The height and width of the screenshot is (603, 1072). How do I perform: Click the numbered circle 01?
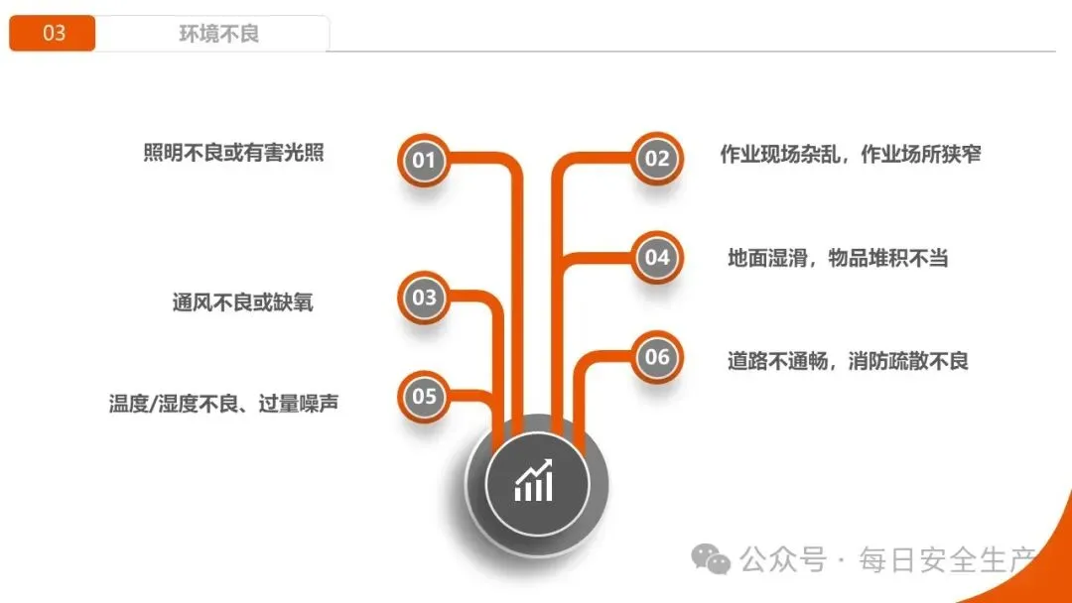pos(424,160)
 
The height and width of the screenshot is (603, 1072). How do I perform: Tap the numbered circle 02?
pos(657,159)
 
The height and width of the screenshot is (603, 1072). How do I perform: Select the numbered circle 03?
pos(424,298)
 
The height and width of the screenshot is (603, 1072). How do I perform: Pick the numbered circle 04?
pos(657,258)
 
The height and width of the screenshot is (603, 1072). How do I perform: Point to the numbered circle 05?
pos(424,397)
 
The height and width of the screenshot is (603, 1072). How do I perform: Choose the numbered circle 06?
pos(657,357)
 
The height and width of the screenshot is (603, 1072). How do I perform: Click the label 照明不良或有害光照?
pos(233,154)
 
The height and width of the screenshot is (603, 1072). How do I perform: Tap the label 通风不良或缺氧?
pos(242,302)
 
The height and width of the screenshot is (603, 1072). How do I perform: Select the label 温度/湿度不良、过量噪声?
pos(223,404)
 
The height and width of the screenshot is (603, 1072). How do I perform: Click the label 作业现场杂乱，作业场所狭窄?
pos(851,155)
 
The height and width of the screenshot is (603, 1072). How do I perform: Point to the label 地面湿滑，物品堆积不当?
pos(838,258)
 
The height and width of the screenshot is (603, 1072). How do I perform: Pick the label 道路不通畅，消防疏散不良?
pos(848,360)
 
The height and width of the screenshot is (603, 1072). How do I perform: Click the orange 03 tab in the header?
pos(53,34)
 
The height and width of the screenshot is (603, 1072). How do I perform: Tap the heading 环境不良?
pos(218,34)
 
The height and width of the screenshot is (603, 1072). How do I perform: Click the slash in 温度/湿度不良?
pos(153,405)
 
